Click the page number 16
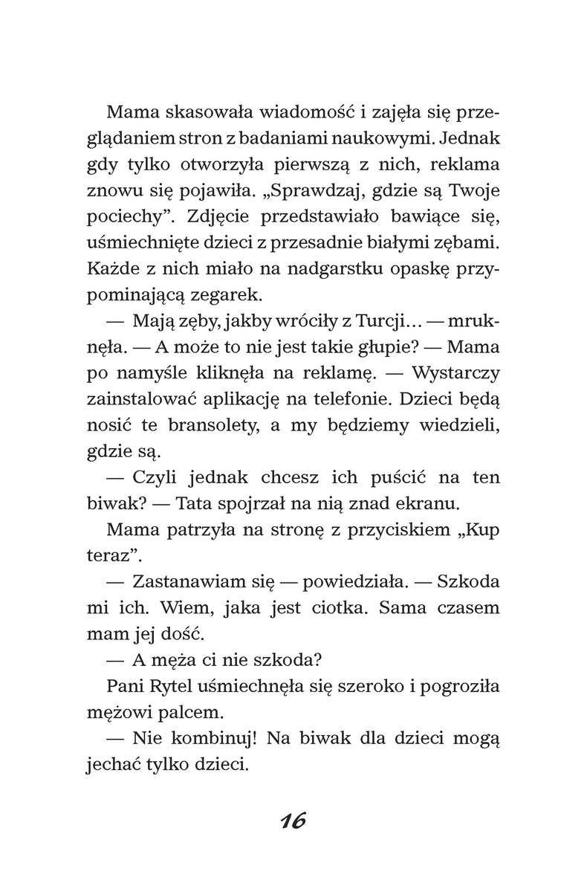[293, 821]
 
